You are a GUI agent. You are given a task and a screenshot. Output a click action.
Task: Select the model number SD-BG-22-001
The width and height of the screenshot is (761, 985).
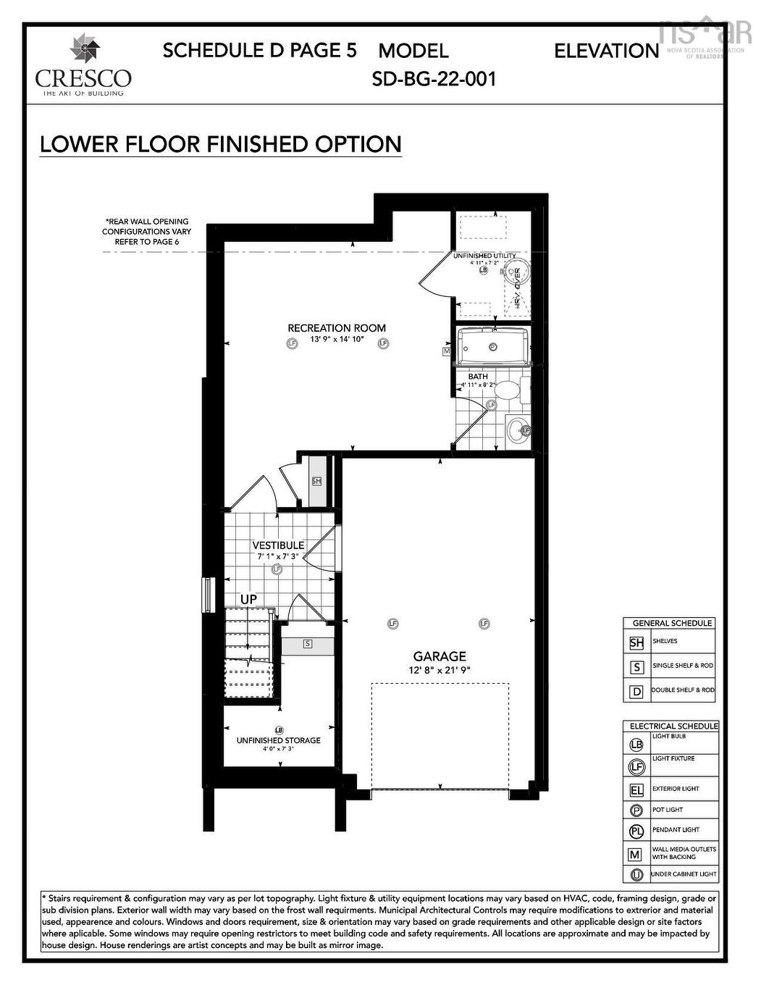click(434, 79)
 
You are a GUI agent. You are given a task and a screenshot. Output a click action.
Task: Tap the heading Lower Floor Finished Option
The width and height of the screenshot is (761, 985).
click(220, 144)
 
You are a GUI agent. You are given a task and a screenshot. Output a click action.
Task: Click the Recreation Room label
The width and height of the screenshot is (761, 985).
click(337, 328)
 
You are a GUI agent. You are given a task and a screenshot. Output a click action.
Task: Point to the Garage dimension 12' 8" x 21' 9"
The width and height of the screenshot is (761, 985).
click(439, 671)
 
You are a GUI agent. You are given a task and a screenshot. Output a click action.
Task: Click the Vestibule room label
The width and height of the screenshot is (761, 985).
click(278, 545)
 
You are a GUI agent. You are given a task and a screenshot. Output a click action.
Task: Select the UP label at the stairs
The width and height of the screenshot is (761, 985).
click(248, 600)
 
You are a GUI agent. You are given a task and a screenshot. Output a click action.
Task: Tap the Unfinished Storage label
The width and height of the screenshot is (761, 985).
click(278, 740)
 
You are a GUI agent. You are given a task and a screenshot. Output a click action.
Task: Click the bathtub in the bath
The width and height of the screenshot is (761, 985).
click(492, 346)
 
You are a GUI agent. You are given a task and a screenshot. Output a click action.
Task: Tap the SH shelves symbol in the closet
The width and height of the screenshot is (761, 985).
click(316, 482)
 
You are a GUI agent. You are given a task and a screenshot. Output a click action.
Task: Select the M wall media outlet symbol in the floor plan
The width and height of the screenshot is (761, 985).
click(447, 351)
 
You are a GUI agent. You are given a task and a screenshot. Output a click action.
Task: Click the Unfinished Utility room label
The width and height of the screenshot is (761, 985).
click(484, 256)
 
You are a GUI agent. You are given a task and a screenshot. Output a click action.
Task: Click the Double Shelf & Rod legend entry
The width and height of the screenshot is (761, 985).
click(682, 690)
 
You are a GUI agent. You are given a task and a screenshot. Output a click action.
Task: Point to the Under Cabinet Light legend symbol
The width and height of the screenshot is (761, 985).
click(636, 874)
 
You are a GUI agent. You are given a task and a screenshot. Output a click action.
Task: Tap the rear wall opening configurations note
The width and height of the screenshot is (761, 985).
click(146, 231)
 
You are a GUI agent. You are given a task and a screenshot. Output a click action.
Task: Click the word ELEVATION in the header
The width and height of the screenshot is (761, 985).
click(606, 51)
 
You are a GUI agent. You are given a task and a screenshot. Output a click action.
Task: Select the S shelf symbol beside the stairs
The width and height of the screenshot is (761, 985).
click(308, 643)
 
